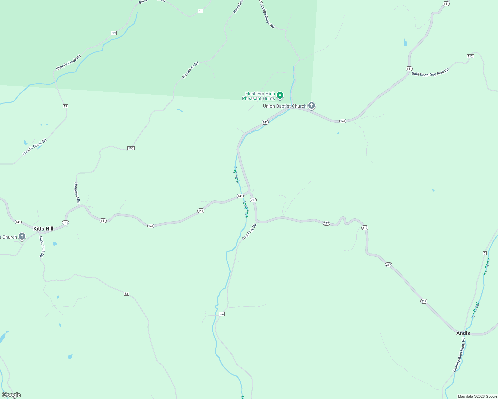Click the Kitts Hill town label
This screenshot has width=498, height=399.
[43, 229]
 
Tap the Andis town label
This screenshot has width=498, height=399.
[463, 333]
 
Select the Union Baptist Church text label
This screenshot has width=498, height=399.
[285, 106]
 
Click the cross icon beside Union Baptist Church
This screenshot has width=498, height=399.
[312, 106]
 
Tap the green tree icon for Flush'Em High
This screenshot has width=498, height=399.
[280, 96]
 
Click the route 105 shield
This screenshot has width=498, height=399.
[131, 148]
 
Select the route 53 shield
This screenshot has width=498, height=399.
[126, 294]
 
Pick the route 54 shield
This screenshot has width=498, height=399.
[222, 314]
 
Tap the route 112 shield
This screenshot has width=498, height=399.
[470, 56]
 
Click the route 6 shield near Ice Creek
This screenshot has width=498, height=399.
[485, 253]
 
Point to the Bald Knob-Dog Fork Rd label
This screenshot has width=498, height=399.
[430, 72]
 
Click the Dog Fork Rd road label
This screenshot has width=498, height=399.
[249, 231]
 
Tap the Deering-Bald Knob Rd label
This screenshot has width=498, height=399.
[459, 355]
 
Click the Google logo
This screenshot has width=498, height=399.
[11, 395]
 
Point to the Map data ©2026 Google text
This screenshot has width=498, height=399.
[477, 396]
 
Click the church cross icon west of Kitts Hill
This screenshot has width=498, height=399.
[22, 237]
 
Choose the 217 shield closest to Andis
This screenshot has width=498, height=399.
[424, 301]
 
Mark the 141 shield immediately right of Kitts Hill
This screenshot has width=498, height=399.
[65, 223]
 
